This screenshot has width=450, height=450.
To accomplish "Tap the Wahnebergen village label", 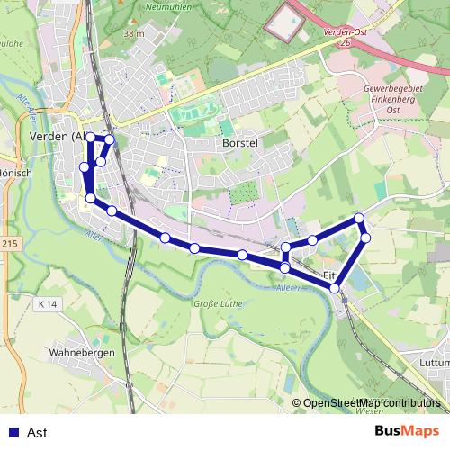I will (x=82, y=353).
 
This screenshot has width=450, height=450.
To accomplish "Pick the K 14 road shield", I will (x=48, y=305).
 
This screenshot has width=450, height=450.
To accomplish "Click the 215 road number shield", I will (x=9, y=244).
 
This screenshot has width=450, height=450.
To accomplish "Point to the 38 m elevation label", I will (x=134, y=34).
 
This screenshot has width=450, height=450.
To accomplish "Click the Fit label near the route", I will (x=328, y=274).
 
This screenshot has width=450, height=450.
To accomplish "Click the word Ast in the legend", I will (x=37, y=433).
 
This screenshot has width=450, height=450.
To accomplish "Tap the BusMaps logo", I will (x=407, y=432).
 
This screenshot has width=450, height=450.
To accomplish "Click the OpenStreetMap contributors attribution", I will (x=371, y=403).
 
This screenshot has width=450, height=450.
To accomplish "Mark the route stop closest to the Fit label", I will (x=335, y=288).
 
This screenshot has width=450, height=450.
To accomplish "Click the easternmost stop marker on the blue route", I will (x=365, y=237).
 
